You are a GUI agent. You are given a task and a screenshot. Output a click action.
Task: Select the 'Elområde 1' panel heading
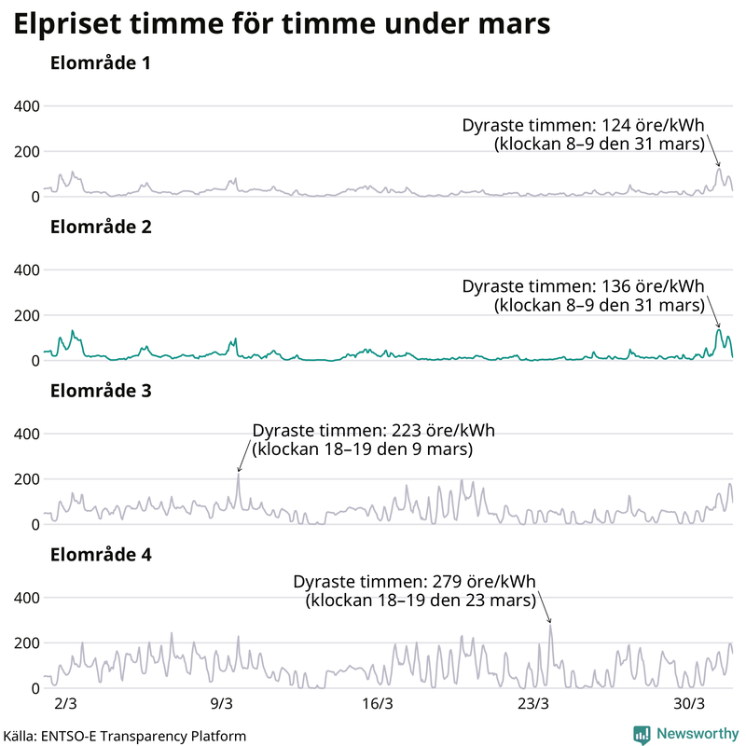101,64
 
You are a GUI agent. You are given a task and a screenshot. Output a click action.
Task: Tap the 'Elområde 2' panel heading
101,227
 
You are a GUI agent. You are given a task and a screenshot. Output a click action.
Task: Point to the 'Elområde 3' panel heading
101,391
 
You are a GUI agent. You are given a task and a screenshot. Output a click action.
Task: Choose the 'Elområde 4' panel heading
101,555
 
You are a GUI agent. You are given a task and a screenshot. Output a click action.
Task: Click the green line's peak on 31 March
719,329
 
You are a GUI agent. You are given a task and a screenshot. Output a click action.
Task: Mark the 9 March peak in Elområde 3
238,474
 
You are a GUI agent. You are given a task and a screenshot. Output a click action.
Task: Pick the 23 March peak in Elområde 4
550,625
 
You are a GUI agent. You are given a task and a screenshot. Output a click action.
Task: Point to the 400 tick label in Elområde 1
24,106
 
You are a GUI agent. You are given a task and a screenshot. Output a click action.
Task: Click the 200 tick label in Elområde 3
24,479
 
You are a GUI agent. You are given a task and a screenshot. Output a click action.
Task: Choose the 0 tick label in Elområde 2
35,360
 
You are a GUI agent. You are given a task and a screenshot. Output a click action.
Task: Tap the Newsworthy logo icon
642,734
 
